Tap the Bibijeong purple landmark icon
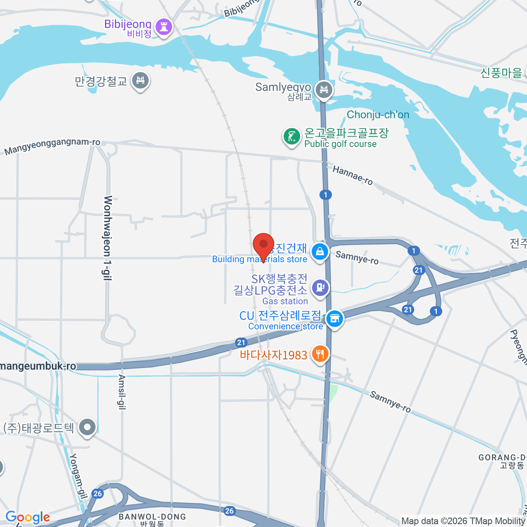point(164,27)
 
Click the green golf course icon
point(291,137)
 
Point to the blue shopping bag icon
point(320,252)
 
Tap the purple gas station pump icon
point(320,288)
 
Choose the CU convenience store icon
point(335,318)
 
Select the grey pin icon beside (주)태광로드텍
point(88,427)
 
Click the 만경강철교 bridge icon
point(141,80)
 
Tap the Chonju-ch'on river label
point(378,115)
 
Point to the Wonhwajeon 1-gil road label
point(108,238)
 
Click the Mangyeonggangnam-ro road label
point(52,147)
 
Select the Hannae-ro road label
point(353,175)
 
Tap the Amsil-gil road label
point(122,392)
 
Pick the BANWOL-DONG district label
point(152,517)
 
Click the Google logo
point(28,517)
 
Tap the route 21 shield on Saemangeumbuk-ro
point(241,343)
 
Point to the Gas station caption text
point(285,301)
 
